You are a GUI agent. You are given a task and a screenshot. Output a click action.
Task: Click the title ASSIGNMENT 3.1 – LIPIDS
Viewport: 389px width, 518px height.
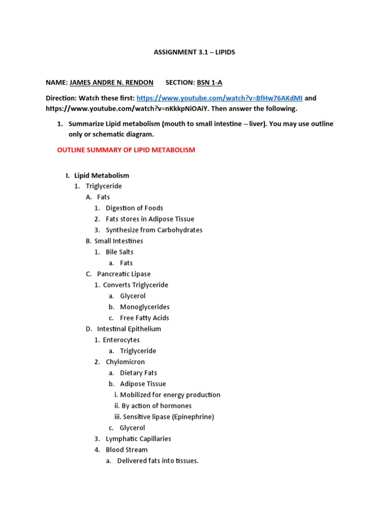194,53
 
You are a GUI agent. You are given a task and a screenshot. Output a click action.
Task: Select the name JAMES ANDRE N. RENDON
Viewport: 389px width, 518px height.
111,82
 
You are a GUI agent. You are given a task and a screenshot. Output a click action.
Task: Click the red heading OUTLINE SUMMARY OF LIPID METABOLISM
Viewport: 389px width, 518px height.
126,150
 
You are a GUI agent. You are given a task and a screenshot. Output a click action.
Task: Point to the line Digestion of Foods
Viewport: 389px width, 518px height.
134,208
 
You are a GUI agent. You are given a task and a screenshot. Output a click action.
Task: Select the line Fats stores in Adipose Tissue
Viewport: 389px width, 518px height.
150,219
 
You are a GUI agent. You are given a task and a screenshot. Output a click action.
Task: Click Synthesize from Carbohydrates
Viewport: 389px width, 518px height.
154,230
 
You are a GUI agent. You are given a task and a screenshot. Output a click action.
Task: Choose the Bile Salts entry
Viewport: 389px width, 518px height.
120,252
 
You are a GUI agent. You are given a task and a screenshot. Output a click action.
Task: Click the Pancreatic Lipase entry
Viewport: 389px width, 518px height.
124,274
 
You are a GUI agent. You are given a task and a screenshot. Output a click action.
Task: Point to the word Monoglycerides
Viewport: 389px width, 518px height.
145,307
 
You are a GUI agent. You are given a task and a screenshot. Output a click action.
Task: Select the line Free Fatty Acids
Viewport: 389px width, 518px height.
144,318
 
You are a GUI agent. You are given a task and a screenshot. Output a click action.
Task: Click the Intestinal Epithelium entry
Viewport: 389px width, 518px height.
129,329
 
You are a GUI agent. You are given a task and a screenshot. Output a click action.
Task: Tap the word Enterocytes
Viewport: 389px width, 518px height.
121,340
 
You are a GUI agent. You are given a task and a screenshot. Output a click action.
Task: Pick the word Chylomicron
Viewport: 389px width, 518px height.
125,362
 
